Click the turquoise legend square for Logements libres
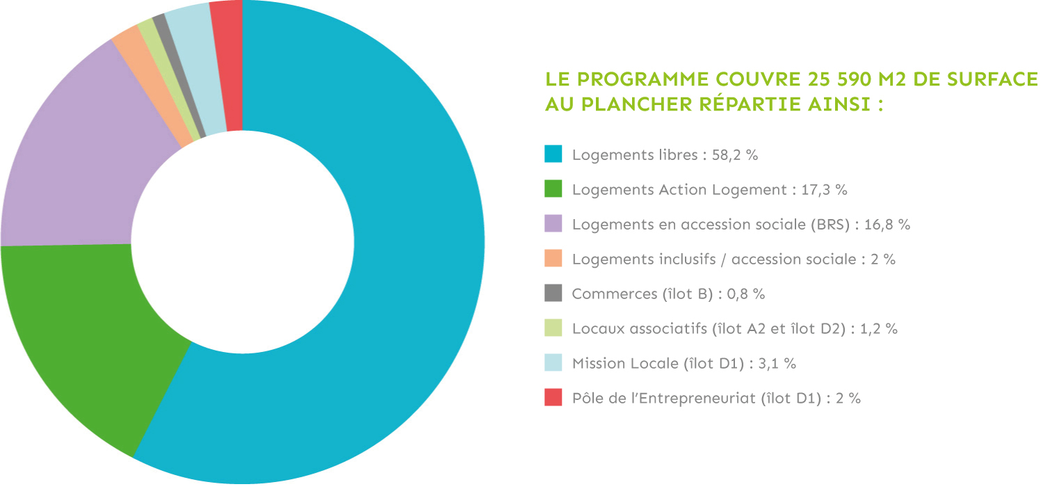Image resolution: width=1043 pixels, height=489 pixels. (553, 154)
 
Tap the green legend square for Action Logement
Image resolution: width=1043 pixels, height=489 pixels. (553, 189)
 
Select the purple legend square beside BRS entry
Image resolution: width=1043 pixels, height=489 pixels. (553, 224)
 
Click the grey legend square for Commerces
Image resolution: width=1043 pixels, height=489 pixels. (553, 294)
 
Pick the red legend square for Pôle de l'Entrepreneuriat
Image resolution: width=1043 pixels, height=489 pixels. (553, 398)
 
